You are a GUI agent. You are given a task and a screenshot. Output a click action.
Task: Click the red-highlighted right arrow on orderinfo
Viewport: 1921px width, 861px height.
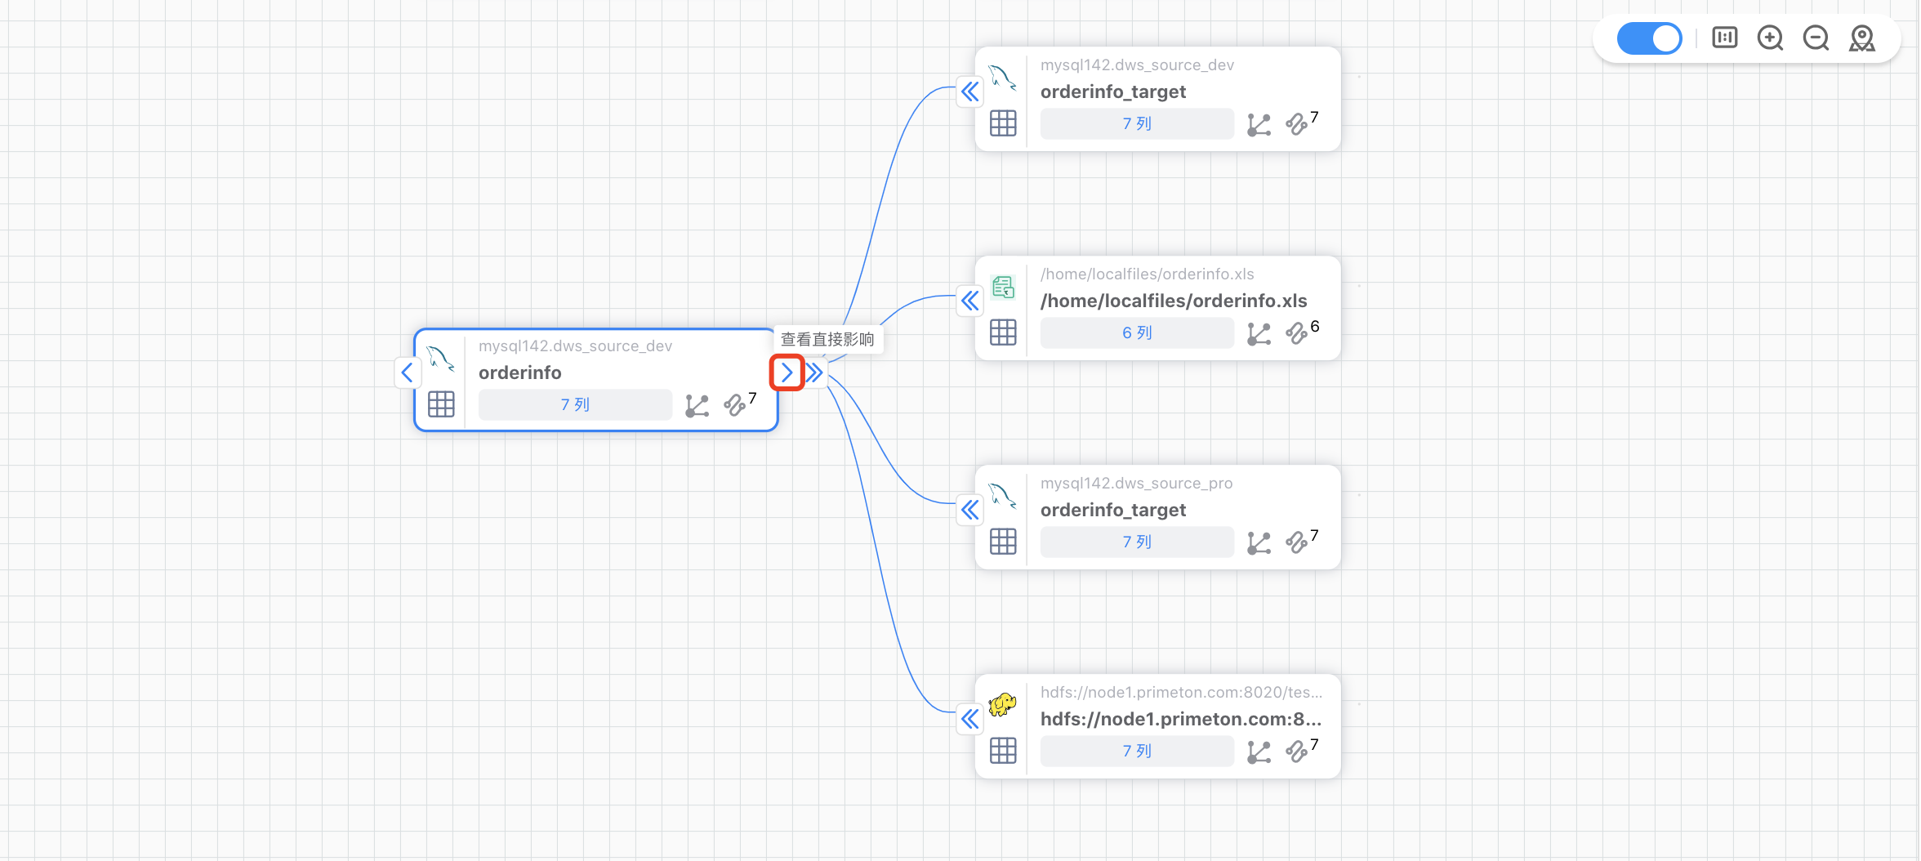[787, 373]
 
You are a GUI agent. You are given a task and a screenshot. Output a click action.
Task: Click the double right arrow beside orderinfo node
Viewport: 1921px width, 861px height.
[814, 373]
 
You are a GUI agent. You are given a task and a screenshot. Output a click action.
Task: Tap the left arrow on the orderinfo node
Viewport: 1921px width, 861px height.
[407, 373]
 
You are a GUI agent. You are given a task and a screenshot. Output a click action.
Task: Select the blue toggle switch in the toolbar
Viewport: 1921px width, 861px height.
[1649, 38]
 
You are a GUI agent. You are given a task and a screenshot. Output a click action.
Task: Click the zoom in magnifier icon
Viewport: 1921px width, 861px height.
[1770, 38]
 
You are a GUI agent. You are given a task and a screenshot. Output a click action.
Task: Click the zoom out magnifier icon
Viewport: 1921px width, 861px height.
[1816, 38]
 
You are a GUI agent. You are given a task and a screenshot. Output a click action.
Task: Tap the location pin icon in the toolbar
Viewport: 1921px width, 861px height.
[1862, 38]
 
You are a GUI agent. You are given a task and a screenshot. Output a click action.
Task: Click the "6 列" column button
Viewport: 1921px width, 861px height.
[1136, 333]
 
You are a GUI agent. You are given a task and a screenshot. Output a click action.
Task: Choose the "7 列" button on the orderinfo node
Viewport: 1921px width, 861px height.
[574, 405]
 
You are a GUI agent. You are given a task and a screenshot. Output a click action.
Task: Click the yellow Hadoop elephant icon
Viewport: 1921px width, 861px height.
[1002, 704]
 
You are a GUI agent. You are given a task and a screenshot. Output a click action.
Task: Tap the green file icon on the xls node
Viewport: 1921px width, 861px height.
[1003, 288]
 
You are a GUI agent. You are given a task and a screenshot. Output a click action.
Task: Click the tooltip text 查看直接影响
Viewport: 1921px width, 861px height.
[827, 340]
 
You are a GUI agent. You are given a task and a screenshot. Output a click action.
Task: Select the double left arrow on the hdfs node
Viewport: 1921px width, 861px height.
[969, 719]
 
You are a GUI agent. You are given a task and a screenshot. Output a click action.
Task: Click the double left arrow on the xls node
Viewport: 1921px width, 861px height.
[969, 301]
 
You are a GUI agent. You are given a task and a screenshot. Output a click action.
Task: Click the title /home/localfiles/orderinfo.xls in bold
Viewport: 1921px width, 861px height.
[1173, 301]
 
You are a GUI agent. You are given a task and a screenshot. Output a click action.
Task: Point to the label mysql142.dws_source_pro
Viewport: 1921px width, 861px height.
[1136, 484]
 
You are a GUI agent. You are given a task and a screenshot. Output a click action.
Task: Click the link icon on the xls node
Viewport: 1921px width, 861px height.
[1296, 333]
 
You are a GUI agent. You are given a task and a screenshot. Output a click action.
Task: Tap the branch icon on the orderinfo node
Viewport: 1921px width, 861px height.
[697, 405]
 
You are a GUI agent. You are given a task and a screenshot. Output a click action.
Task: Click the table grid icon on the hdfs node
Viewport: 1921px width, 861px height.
[1003, 751]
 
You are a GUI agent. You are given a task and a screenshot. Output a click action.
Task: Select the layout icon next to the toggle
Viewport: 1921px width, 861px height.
[1724, 38]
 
